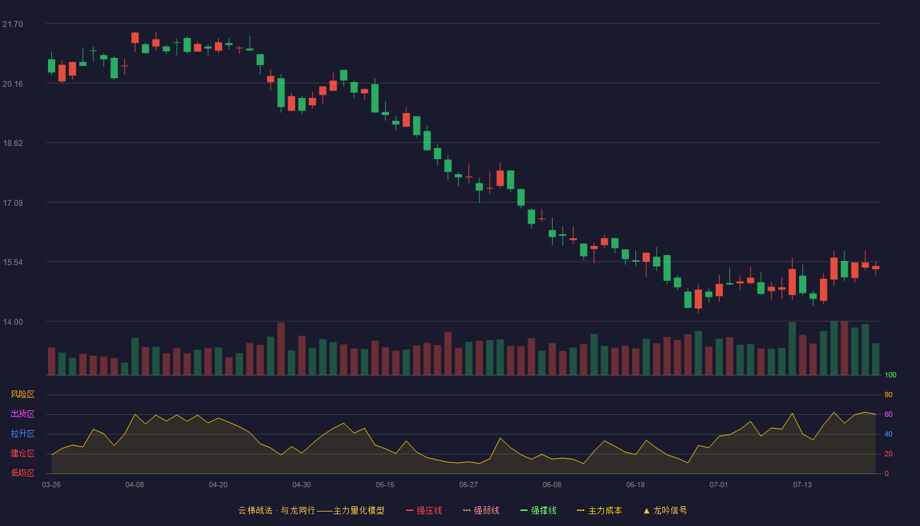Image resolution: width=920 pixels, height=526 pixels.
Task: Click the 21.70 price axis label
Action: (x=12, y=24)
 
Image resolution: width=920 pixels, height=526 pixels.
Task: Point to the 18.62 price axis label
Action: (x=12, y=143)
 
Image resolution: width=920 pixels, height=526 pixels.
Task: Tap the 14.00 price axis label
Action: (x=12, y=322)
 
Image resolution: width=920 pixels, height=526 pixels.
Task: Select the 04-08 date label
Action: (x=135, y=485)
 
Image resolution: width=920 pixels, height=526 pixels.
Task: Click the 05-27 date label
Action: (x=469, y=485)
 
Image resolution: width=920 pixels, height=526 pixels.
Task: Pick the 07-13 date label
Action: (x=802, y=485)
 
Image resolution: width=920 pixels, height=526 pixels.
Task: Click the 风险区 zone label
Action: (x=22, y=394)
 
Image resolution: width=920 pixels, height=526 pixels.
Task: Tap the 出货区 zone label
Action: (x=22, y=414)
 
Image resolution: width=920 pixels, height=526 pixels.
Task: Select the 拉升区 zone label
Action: (x=22, y=433)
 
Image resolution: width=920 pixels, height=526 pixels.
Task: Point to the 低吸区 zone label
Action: (x=22, y=473)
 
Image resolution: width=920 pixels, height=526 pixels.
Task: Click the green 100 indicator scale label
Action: (x=890, y=375)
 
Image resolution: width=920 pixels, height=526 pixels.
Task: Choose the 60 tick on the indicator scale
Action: (x=888, y=414)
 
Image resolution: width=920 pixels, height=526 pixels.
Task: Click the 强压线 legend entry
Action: (x=425, y=511)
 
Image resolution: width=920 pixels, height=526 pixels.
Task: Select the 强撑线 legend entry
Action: (x=538, y=511)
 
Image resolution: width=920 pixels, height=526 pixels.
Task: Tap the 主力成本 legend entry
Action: (x=599, y=511)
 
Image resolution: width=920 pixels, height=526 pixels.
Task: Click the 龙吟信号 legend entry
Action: (x=665, y=511)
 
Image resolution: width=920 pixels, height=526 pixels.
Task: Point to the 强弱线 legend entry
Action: (x=481, y=511)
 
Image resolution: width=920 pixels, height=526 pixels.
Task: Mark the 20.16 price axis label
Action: (x=12, y=84)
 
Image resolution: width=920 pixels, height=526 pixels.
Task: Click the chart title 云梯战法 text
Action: (x=255, y=511)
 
